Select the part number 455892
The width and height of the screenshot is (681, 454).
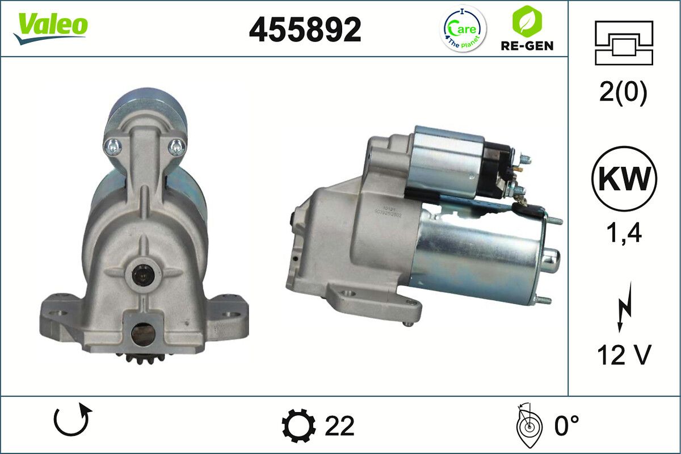point(305,30)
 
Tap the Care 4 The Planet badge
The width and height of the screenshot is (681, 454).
point(464,30)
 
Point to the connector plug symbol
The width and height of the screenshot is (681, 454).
point(624,43)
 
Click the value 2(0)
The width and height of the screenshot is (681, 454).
point(623,93)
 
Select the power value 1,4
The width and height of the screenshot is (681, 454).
point(624,233)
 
